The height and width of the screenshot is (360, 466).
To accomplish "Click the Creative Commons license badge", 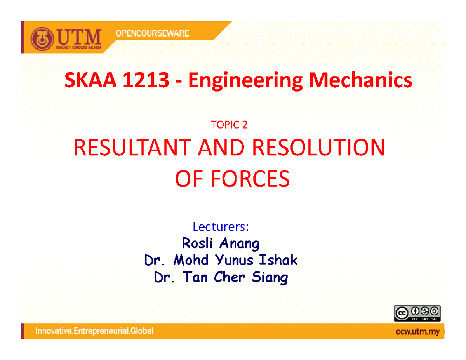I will [417, 313].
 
